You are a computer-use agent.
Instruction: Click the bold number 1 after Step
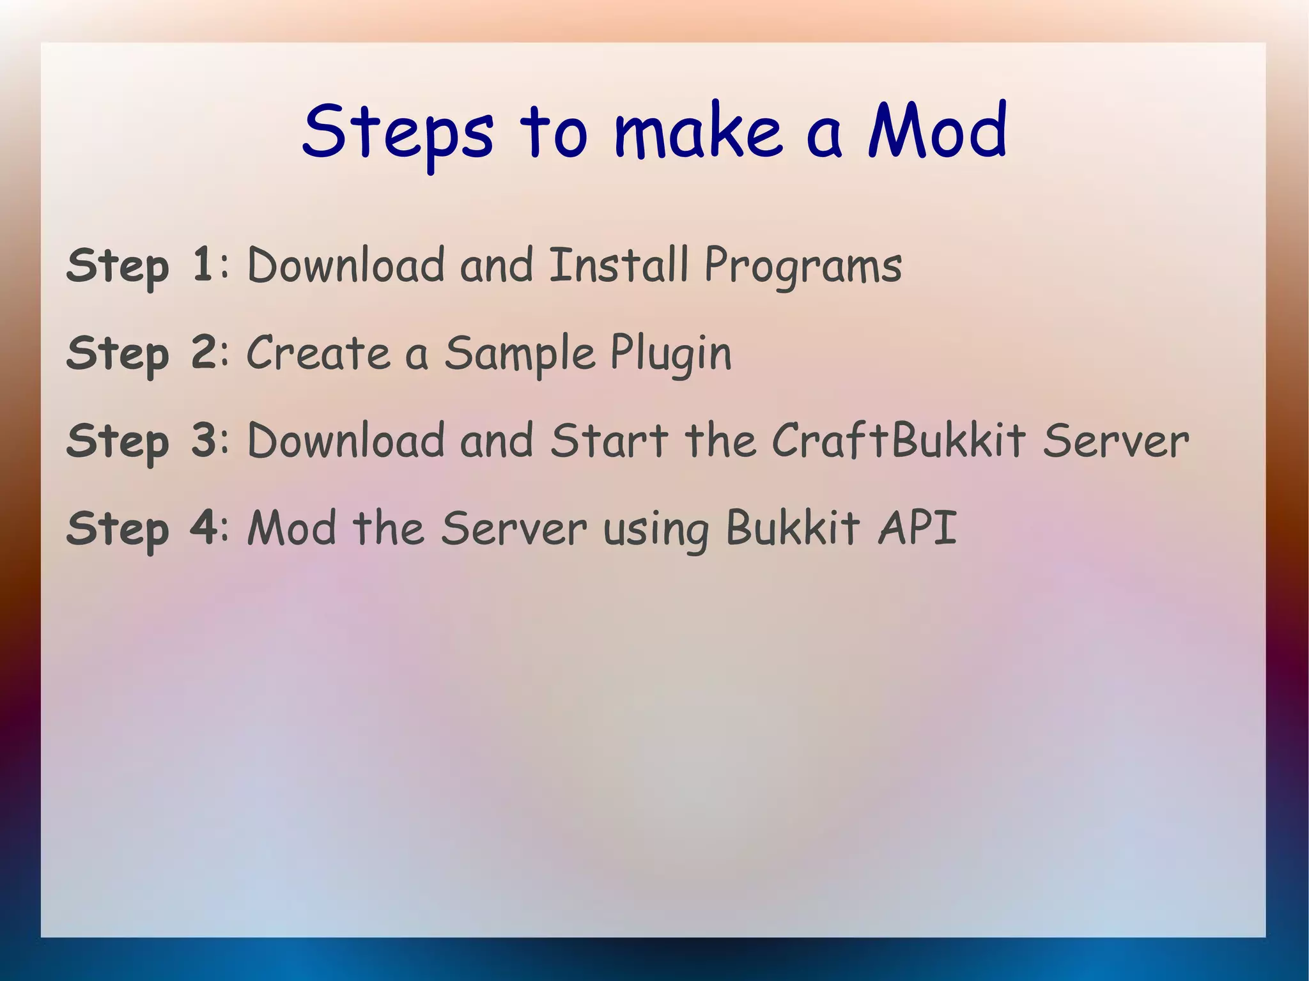[x=202, y=265]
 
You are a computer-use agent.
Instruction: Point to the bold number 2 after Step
[x=204, y=352]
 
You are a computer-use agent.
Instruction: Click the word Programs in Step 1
[x=803, y=267]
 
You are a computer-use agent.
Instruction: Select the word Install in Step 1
[x=619, y=265]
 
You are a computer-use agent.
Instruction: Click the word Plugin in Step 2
[x=670, y=355]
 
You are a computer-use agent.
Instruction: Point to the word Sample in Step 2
[x=520, y=355]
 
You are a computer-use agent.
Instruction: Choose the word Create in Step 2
[x=318, y=353]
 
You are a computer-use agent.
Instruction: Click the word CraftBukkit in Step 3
[x=899, y=440]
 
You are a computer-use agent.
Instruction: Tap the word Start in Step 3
[x=609, y=440]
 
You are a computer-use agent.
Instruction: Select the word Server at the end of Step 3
[x=1115, y=442]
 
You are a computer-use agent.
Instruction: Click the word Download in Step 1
[x=345, y=265]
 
